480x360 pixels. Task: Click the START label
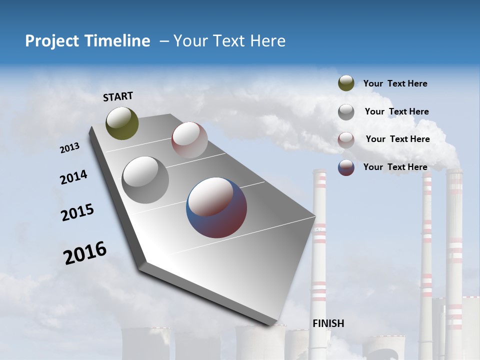pos(118,96)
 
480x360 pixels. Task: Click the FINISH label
pos(328,323)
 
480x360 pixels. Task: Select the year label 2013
pos(70,148)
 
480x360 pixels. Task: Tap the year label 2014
pos(73,177)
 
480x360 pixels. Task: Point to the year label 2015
pos(77,212)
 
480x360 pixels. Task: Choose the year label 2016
pos(85,253)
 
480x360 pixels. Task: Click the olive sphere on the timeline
pos(122,123)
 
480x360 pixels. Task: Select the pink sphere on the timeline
pos(189,140)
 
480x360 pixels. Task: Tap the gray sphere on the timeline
pos(145,180)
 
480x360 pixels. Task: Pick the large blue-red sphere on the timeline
pos(216,207)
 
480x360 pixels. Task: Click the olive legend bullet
pos(346,83)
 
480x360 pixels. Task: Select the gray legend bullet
pos(346,112)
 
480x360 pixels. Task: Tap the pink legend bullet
pos(346,140)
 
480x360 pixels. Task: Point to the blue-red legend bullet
pos(346,167)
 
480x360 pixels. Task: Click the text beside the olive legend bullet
pos(395,83)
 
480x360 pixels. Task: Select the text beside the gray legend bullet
pos(396,111)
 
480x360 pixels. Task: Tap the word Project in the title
pos(52,41)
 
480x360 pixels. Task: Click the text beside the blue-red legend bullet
pos(395,167)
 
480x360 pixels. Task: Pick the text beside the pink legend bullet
pos(397,139)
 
